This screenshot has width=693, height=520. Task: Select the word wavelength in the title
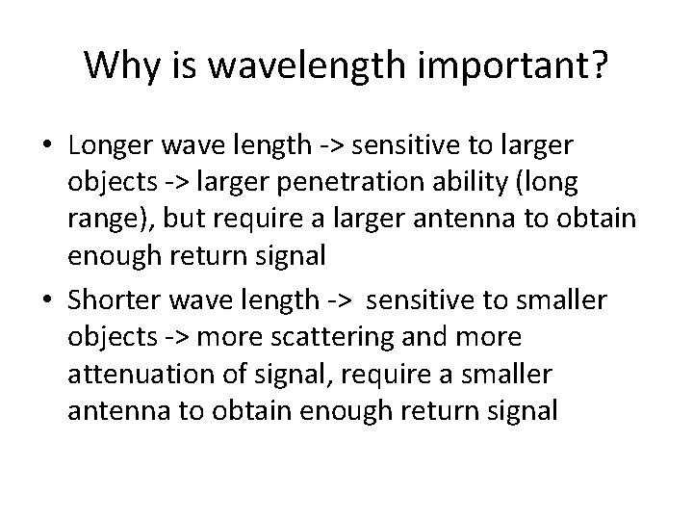(302, 65)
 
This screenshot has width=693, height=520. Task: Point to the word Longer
(106, 146)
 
